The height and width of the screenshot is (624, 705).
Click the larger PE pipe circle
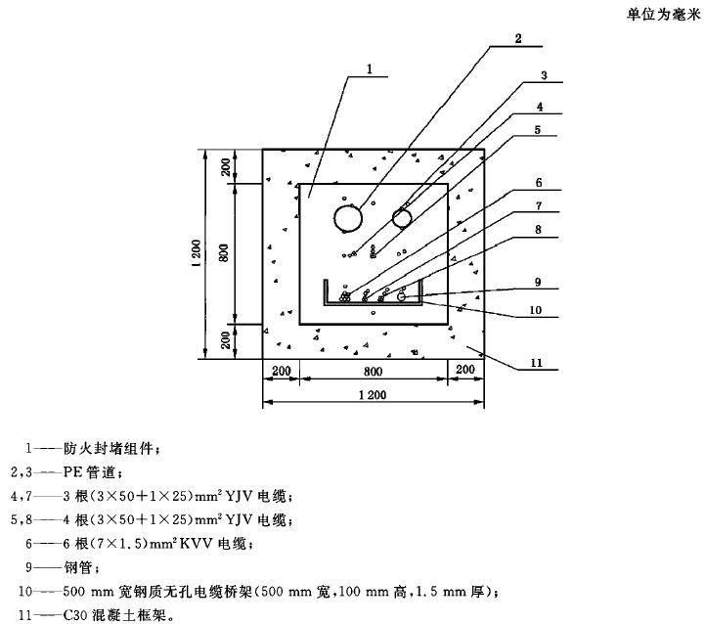(347, 218)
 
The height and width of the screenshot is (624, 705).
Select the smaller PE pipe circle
(403, 217)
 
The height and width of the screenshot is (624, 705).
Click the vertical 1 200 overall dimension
(197, 254)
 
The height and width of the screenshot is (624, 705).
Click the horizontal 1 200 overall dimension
(373, 394)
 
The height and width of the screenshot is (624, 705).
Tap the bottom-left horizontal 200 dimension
(281, 371)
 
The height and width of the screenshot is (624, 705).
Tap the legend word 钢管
(75, 566)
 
